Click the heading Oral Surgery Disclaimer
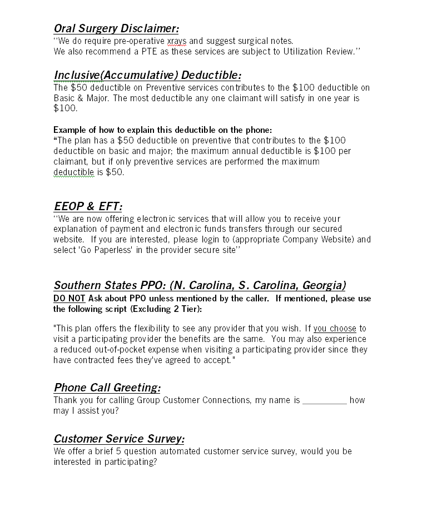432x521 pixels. pyautogui.click(x=116, y=28)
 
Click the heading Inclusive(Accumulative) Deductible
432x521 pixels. pyautogui.click(x=147, y=75)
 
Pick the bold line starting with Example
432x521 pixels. pyautogui.click(x=163, y=130)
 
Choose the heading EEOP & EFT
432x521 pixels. pyautogui.click(x=88, y=207)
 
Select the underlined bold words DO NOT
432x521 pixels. pyautogui.click(x=69, y=299)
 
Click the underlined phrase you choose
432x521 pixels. pyautogui.click(x=335, y=329)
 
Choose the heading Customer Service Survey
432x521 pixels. pyautogui.click(x=119, y=439)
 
